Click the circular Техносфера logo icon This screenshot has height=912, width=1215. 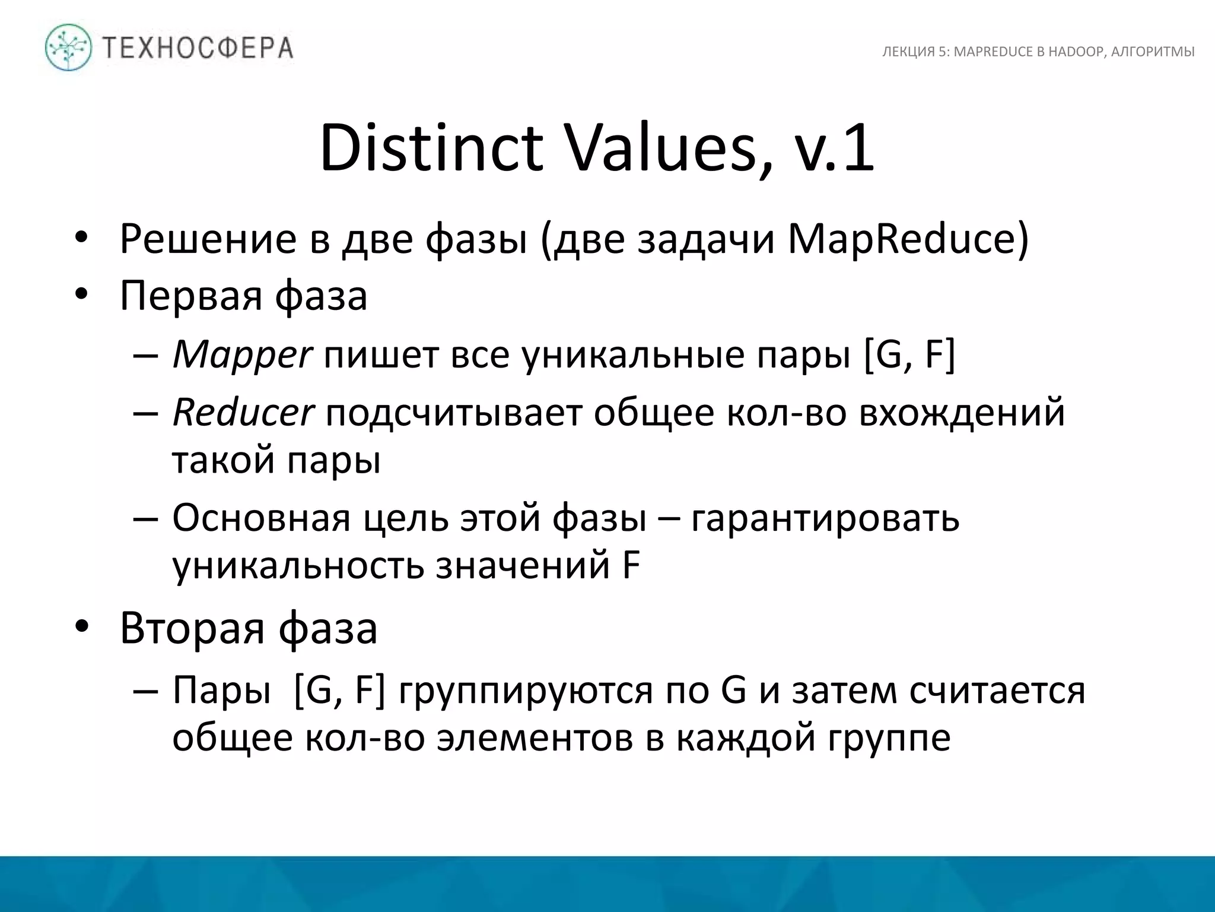tap(69, 47)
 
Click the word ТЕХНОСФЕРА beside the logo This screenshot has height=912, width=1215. tap(198, 47)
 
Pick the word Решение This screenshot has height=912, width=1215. tap(208, 239)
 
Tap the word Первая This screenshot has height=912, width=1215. tap(190, 295)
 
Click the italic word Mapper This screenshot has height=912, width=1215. tap(241, 356)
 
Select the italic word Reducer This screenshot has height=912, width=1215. tap(243, 413)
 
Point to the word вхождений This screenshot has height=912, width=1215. tap(962, 413)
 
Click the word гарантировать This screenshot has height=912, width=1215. tap(825, 518)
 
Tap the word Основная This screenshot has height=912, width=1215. tap(261, 518)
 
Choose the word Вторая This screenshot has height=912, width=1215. tap(192, 628)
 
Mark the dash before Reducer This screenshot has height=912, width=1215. tap(146, 413)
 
